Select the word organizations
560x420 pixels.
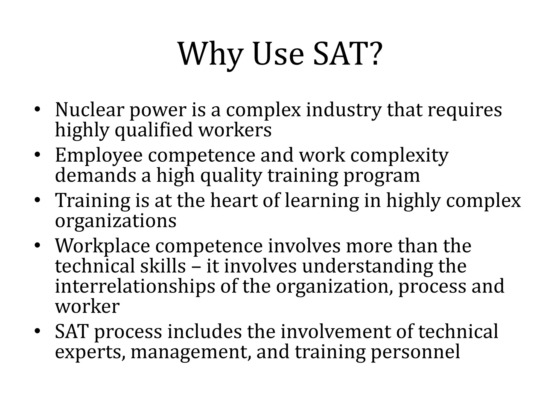pos(116,221)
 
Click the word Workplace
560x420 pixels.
pos(103,246)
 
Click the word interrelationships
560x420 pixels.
pos(135,287)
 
